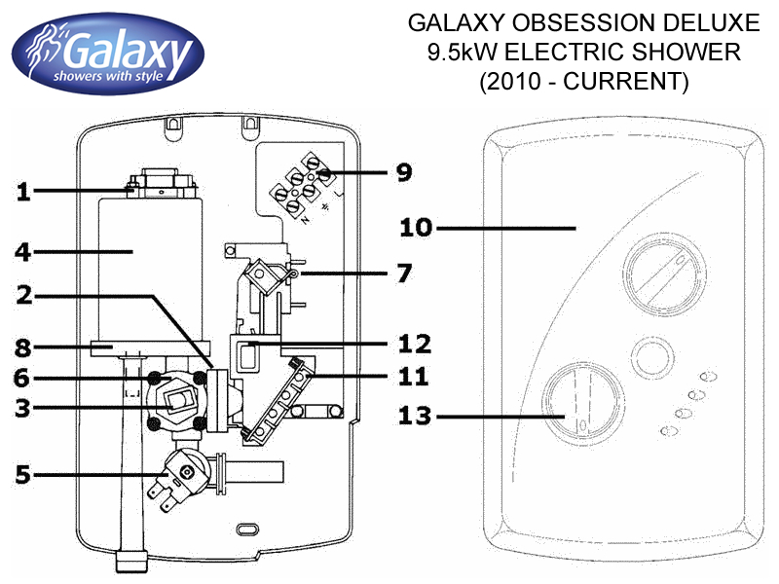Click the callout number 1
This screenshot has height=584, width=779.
pos(23,192)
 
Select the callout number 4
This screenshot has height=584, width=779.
pos(23,252)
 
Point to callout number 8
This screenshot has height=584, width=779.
pos(23,345)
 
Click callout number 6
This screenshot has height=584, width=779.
pos(23,377)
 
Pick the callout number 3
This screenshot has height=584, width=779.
pos(23,409)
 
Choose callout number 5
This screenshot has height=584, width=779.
pos(23,476)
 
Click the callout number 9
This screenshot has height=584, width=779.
pos(403,173)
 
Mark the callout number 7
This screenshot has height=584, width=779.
pos(403,273)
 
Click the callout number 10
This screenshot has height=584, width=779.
pos(417,229)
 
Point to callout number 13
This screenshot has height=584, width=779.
pos(417,417)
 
